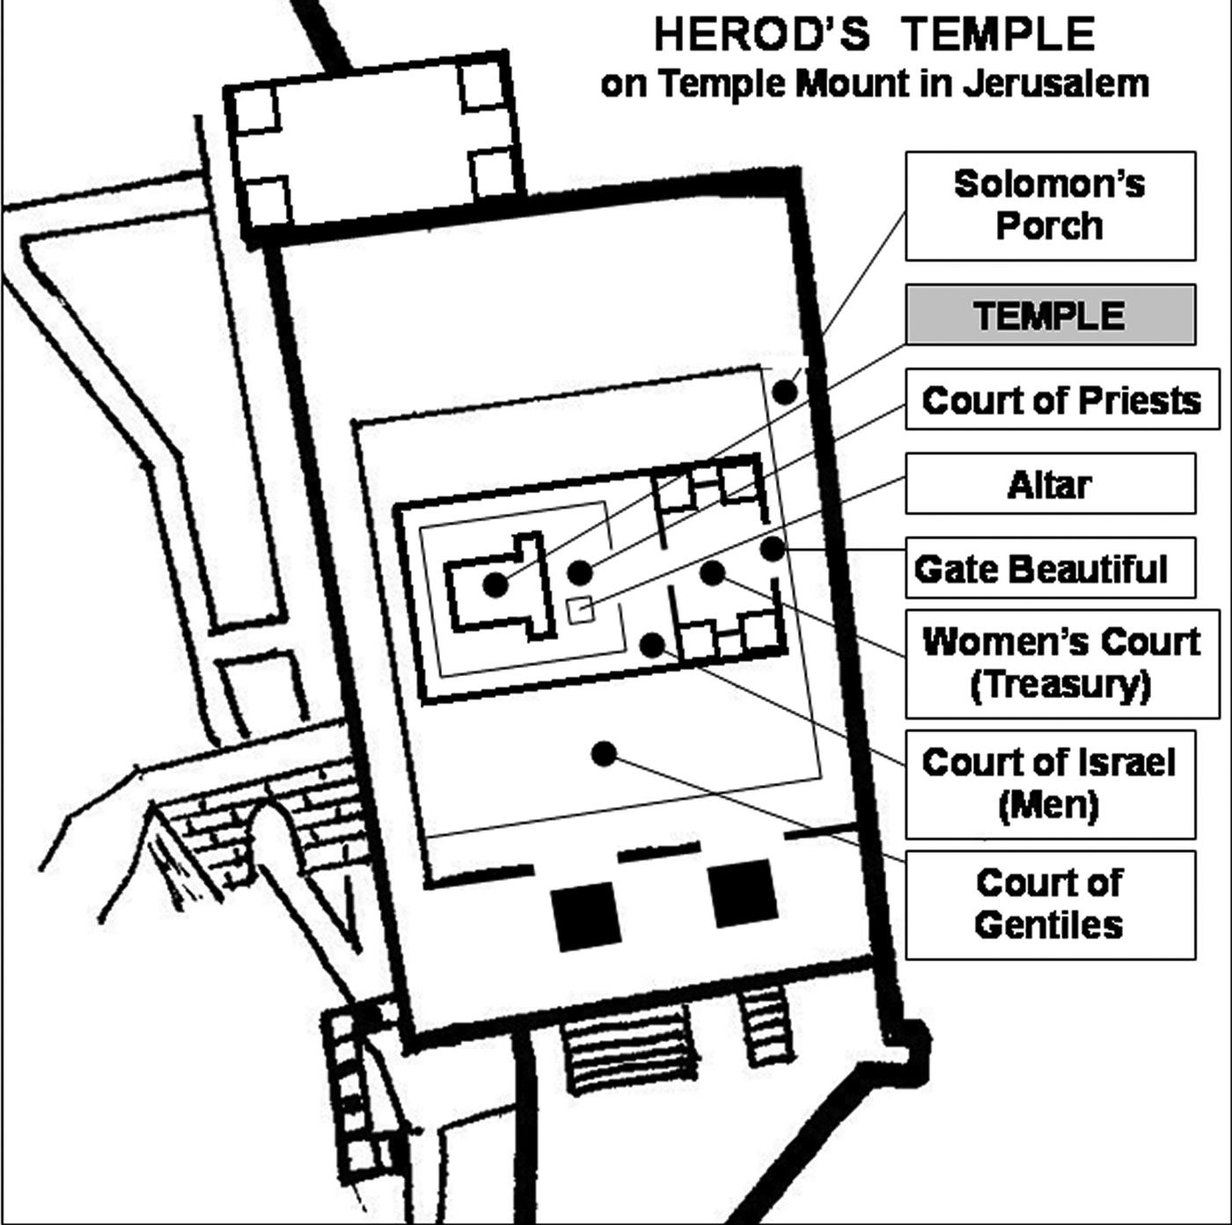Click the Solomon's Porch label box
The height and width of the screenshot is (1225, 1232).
tap(1051, 206)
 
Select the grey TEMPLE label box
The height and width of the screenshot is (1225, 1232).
tap(1051, 314)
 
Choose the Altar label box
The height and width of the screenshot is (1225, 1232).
tap(1051, 483)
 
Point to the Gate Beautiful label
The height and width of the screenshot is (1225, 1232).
tap(1051, 568)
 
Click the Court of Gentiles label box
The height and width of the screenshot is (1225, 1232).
tap(1051, 905)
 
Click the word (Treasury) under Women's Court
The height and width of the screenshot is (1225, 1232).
tap(1060, 685)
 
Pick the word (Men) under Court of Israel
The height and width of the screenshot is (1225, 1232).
tap(1048, 805)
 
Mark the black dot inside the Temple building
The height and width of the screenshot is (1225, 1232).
tap(495, 584)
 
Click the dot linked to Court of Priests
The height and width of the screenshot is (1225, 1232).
tap(580, 573)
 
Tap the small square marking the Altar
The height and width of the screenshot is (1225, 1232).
tap(581, 609)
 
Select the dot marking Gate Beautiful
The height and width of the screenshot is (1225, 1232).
tap(773, 549)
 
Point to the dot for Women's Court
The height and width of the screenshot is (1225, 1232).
tap(713, 573)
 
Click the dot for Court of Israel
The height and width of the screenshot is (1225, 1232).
tap(652, 645)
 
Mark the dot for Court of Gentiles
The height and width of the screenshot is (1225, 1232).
tap(604, 754)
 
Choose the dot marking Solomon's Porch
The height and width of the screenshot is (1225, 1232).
tap(785, 392)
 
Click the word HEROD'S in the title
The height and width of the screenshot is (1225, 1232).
tap(761, 34)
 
